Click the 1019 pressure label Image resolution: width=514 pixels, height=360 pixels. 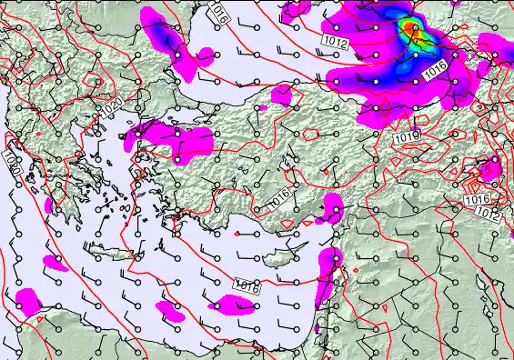click(x=408, y=137)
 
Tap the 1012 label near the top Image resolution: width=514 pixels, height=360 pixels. click(x=335, y=41)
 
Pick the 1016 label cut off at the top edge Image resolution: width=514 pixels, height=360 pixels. click(x=217, y=11)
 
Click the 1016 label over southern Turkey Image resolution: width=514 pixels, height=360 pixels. click(x=278, y=196)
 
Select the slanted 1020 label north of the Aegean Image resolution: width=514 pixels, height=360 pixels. click(x=112, y=106)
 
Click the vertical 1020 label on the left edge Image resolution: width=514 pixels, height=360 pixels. click(x=11, y=165)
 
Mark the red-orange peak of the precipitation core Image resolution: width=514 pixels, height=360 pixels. click(x=414, y=30)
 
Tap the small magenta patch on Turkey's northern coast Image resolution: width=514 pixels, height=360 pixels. click(x=284, y=94)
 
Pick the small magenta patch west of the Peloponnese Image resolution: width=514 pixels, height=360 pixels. click(x=47, y=206)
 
